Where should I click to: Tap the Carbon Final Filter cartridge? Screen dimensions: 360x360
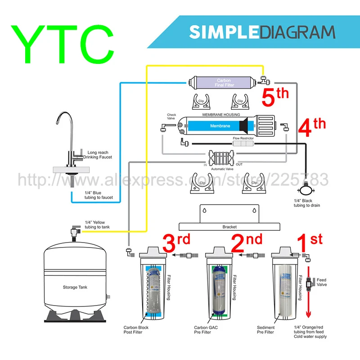click(224, 83)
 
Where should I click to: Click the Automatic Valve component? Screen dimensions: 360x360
click(221, 159)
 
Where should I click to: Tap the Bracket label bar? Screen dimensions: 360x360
click(230, 227)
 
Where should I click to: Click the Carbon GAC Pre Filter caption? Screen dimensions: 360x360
click(207, 330)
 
